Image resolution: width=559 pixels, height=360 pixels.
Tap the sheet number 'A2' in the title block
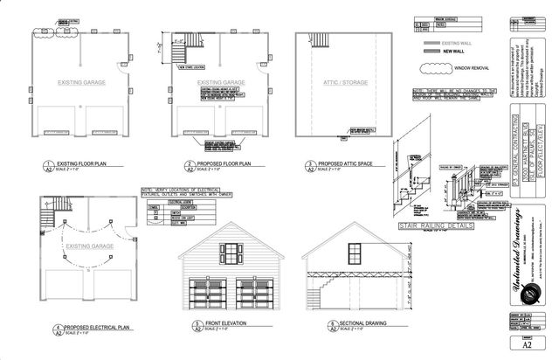coord(521,343)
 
